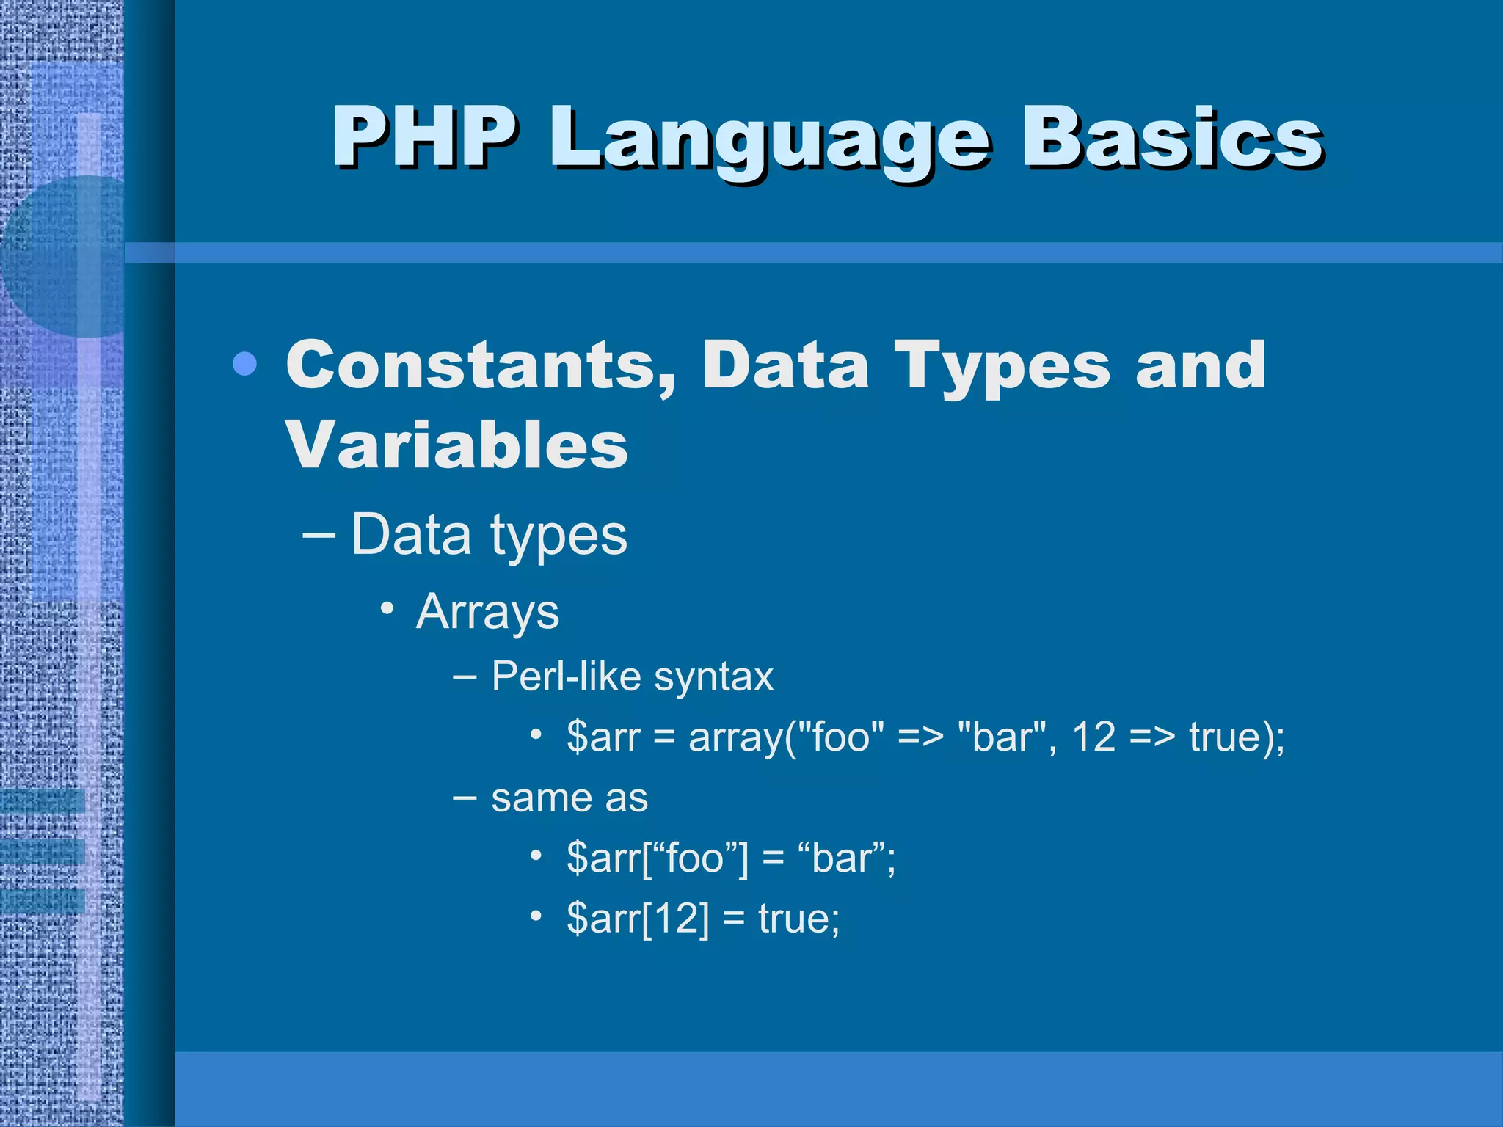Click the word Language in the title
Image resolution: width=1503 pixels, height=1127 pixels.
coord(771,139)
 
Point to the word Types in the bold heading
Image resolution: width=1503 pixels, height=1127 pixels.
coord(1002,367)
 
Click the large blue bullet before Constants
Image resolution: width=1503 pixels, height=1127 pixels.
coord(244,364)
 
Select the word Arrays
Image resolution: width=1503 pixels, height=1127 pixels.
coord(487,611)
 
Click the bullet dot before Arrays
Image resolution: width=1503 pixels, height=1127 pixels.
coord(387,608)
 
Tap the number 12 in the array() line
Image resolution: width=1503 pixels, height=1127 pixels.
coord(1093,736)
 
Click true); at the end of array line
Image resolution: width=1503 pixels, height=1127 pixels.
coord(1237,736)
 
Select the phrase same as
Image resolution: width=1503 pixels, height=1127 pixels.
coord(569,798)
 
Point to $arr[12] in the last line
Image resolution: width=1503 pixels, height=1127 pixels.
coord(638,918)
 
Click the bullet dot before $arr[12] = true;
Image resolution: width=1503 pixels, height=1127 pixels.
coord(536,916)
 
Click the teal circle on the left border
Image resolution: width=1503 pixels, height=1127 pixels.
coord(59,257)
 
